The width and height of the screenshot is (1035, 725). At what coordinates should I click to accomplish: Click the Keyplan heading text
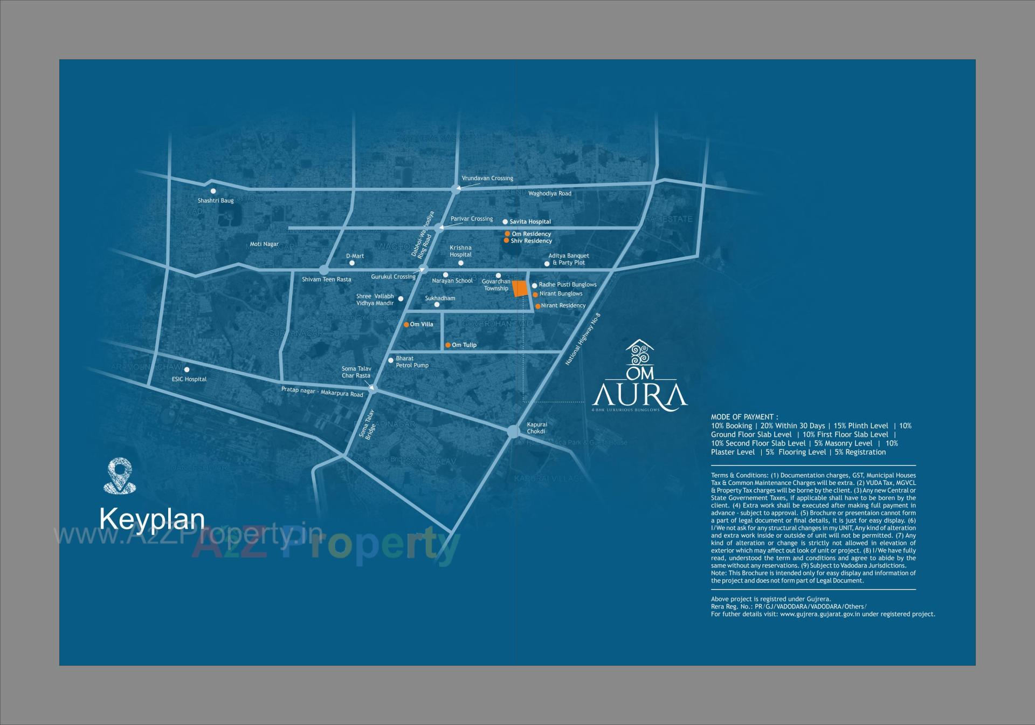click(x=153, y=519)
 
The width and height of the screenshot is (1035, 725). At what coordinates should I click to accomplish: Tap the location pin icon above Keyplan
click(x=119, y=475)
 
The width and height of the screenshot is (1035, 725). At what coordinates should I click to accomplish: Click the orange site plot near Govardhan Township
click(x=520, y=289)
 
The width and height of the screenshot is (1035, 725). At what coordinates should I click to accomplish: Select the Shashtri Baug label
click(x=216, y=201)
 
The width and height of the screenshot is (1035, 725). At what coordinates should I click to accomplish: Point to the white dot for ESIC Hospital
click(x=187, y=370)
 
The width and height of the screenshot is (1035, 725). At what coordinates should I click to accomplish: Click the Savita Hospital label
click(x=530, y=222)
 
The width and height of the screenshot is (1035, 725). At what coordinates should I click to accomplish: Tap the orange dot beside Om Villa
click(x=406, y=325)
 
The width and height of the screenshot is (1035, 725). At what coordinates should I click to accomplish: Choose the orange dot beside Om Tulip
click(x=448, y=345)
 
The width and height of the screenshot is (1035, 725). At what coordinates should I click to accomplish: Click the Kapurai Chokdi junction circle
click(x=513, y=432)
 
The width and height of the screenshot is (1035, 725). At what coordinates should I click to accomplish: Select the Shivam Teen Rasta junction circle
click(x=324, y=270)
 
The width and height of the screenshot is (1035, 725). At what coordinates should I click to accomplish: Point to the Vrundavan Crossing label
click(x=487, y=179)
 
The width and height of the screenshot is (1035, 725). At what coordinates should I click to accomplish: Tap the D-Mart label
click(x=355, y=256)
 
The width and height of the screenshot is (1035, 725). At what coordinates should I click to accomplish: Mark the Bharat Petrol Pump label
click(x=412, y=362)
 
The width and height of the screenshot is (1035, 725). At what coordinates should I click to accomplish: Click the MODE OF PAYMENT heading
click(x=744, y=417)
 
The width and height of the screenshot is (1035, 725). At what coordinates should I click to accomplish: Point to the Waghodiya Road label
click(x=549, y=194)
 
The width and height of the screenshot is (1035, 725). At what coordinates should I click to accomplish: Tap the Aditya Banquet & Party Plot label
click(x=569, y=259)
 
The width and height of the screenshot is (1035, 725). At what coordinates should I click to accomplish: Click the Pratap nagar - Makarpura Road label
click(x=322, y=392)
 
